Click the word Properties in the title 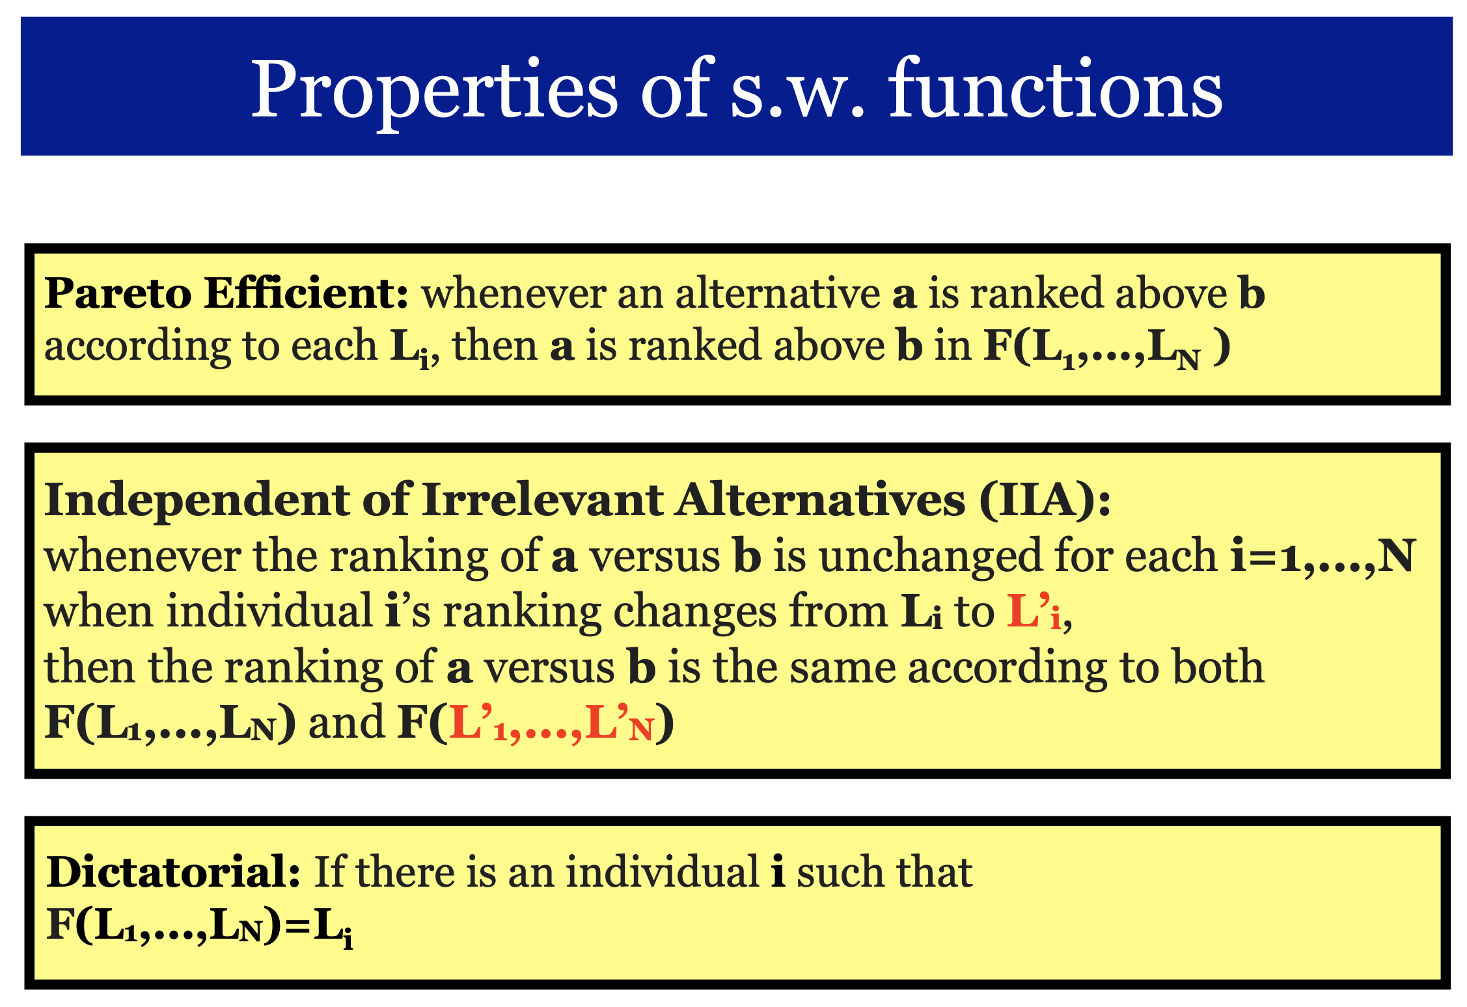(x=434, y=91)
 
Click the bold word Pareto (x=117, y=293)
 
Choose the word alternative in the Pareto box (x=778, y=293)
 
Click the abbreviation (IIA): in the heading (x=1045, y=501)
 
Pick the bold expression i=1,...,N (x=1323, y=556)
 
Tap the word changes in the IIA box (x=695, y=613)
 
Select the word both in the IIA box (x=1218, y=667)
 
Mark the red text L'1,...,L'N (x=551, y=723)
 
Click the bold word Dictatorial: (x=173, y=872)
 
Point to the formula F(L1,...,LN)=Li (x=200, y=927)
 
